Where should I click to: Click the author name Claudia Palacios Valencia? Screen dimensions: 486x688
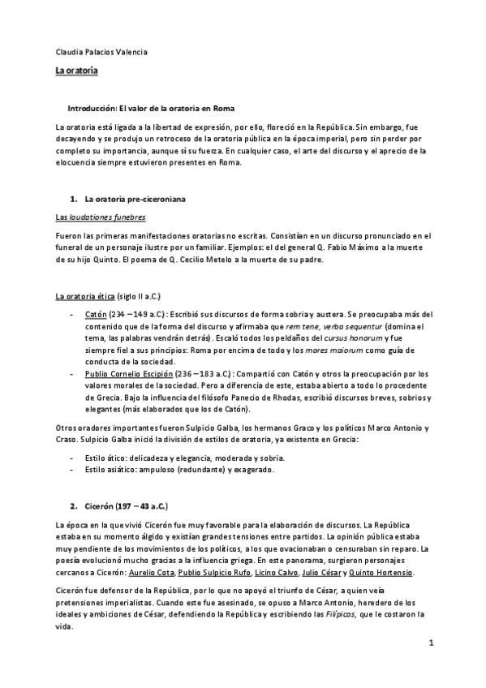pyautogui.click(x=101, y=53)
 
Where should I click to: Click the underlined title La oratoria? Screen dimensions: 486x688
pyautogui.click(x=76, y=72)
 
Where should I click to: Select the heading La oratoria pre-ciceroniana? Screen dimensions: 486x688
pyautogui.click(x=130, y=199)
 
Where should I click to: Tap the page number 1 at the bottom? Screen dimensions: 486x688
pyautogui.click(x=432, y=643)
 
